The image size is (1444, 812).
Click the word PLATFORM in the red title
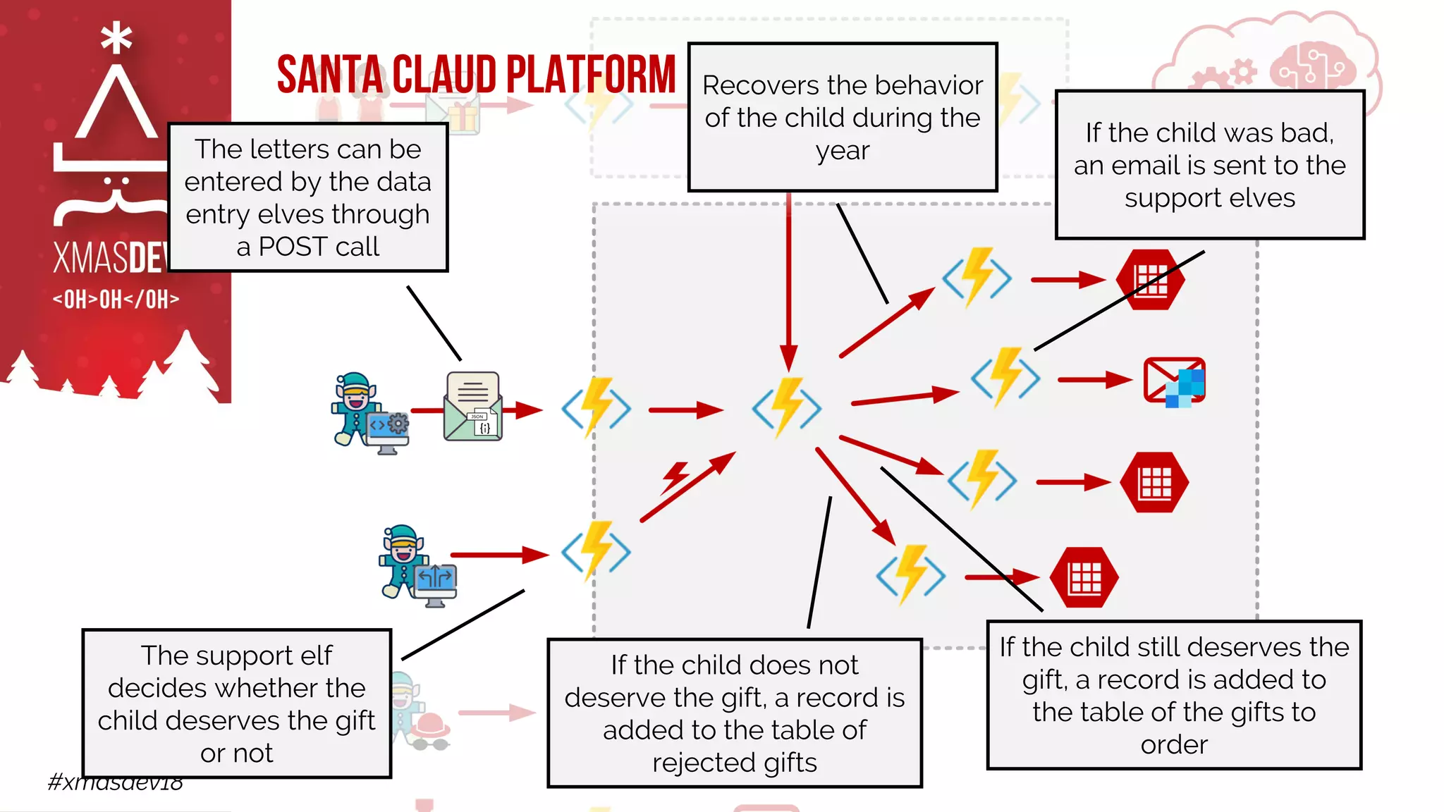pyautogui.click(x=591, y=75)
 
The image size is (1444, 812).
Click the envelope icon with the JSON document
pyautogui.click(x=472, y=407)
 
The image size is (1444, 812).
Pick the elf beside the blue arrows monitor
pyautogui.click(x=403, y=560)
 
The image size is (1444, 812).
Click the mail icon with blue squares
pyautogui.click(x=1174, y=381)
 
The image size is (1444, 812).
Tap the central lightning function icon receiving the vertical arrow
pyautogui.click(x=787, y=407)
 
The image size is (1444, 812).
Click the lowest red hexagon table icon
pyautogui.click(x=1084, y=577)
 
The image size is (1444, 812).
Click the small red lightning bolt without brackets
pyautogui.click(x=675, y=477)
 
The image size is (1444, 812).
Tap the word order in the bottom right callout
pyautogui.click(x=1174, y=744)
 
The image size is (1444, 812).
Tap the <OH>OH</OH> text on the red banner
pyautogui.click(x=116, y=299)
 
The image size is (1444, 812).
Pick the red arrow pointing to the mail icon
pyautogui.click(x=1094, y=380)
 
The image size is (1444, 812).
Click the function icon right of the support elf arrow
pyautogui.click(x=596, y=551)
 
